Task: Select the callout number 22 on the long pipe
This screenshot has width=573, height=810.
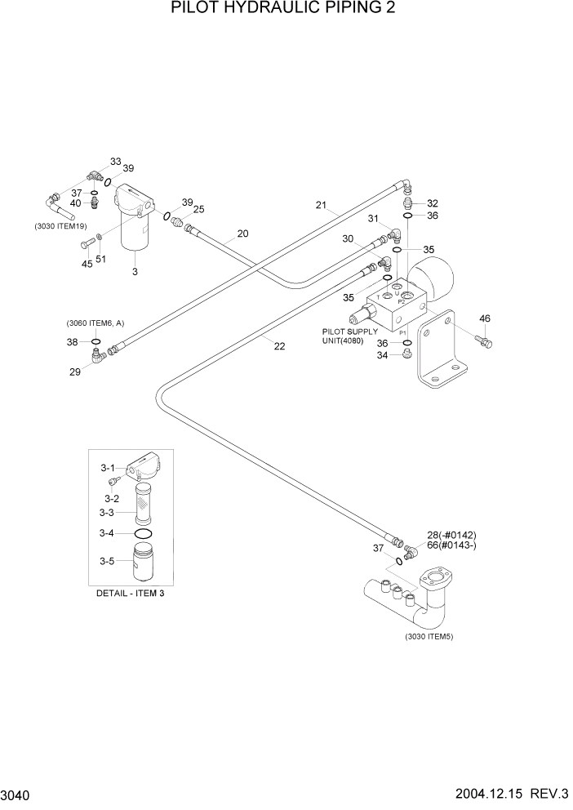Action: (x=279, y=346)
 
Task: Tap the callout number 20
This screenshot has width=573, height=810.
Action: (x=242, y=234)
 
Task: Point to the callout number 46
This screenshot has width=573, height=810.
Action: (x=484, y=318)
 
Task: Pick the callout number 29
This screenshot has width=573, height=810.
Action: (x=76, y=372)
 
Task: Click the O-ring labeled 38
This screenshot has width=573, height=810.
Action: (x=96, y=341)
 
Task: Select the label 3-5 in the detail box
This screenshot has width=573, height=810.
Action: (x=108, y=561)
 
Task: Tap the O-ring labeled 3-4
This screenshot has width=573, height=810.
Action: (x=143, y=533)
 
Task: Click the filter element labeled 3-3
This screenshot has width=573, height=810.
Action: (x=143, y=501)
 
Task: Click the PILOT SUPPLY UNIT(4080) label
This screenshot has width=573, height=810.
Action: (x=350, y=336)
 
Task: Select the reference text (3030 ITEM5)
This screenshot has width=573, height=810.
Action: (x=429, y=636)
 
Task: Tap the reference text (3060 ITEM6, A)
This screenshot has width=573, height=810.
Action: (x=96, y=323)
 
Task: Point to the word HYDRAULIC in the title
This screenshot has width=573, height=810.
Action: (x=273, y=11)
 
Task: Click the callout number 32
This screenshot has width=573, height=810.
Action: (x=432, y=203)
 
